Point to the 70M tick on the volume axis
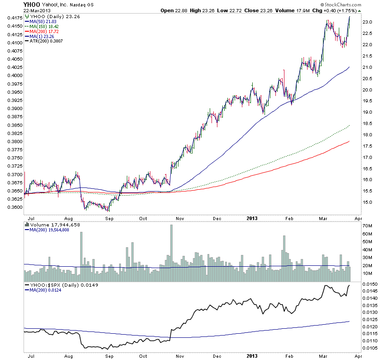click(367, 225)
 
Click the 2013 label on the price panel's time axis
click(253, 218)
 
